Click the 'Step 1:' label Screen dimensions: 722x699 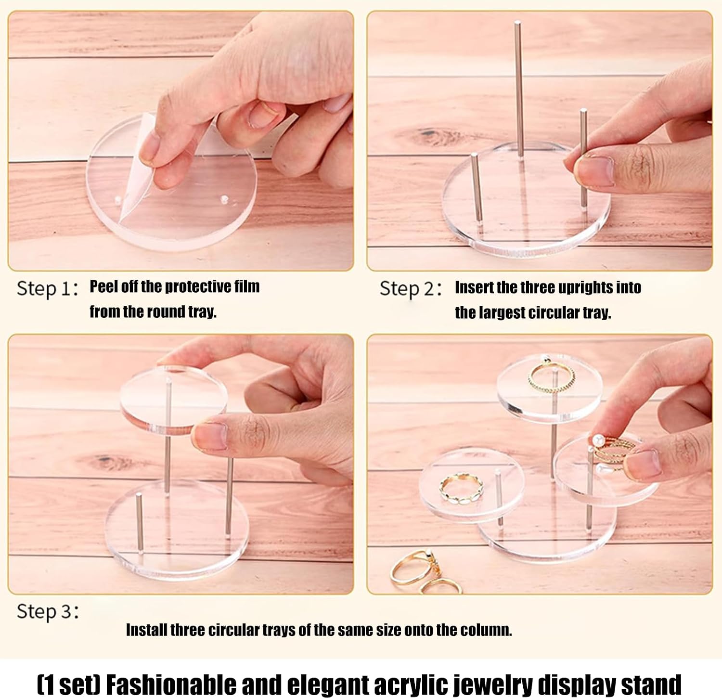(x=47, y=288)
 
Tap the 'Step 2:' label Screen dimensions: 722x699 (x=410, y=288)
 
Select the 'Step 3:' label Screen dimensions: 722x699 (x=47, y=611)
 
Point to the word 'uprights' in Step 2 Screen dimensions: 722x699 (x=587, y=288)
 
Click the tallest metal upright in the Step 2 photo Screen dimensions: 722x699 (x=519, y=89)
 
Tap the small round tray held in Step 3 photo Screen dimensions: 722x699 (x=173, y=400)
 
